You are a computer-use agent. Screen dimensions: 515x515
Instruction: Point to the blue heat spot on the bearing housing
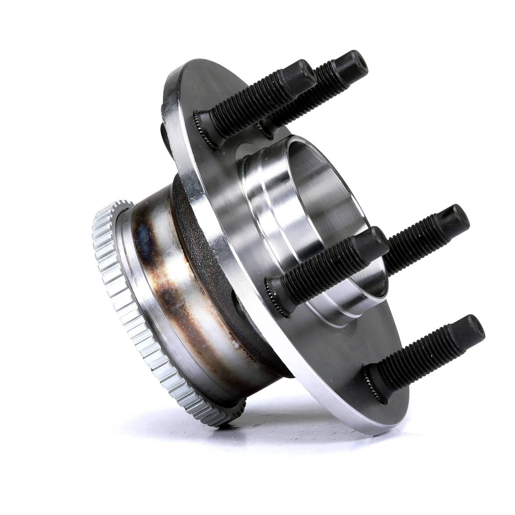click(141, 237)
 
